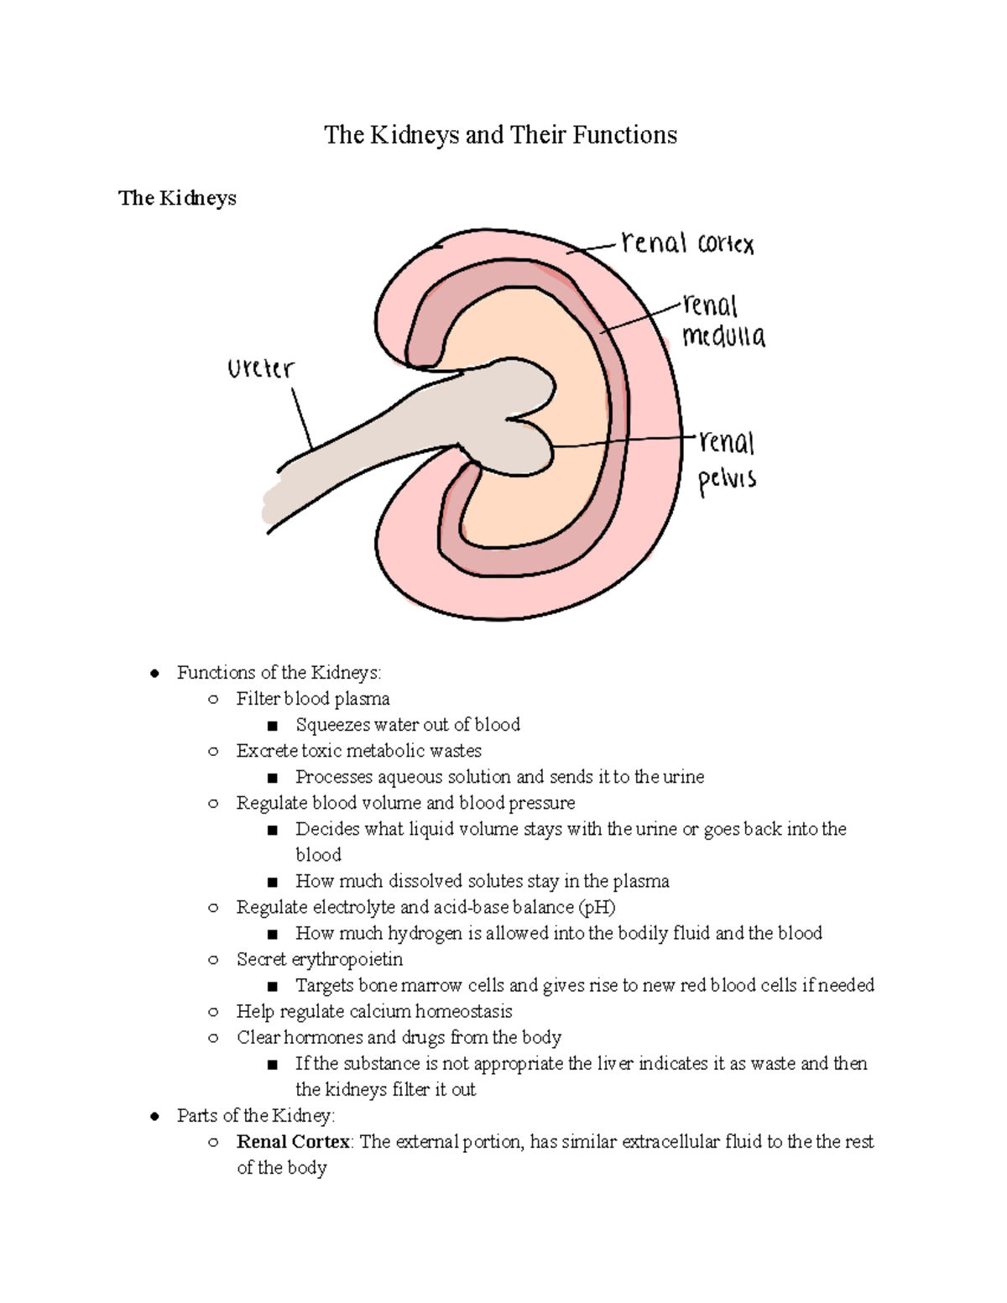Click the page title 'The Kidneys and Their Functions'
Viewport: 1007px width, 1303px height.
click(500, 135)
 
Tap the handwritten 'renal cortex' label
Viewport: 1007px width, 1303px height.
click(687, 243)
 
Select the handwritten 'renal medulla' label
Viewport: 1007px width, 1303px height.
click(723, 321)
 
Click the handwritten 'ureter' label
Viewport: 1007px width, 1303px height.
click(261, 368)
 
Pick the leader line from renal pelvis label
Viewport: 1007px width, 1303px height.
click(621, 441)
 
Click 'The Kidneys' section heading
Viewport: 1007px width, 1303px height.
click(177, 198)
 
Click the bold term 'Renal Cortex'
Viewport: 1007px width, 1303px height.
click(293, 1141)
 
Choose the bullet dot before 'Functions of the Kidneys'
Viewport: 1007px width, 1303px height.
click(154, 673)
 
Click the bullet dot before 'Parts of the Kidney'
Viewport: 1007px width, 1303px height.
click(154, 1116)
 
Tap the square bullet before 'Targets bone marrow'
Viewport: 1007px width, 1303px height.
click(272, 986)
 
